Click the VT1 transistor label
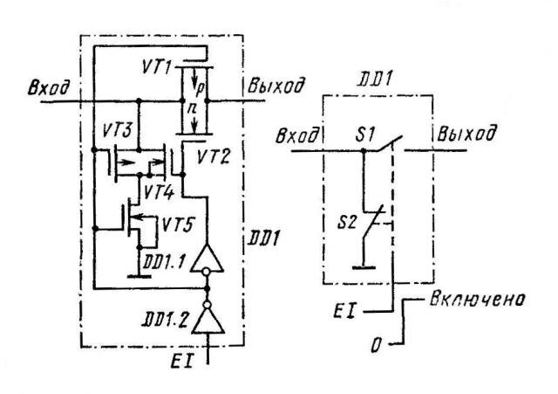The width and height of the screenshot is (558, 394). pyautogui.click(x=157, y=66)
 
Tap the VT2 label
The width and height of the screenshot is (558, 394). pyautogui.click(x=213, y=156)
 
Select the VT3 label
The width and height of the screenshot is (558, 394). pyautogui.click(x=116, y=130)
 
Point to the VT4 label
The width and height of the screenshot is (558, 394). pyautogui.click(x=159, y=193)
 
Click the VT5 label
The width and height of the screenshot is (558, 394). pyautogui.click(x=177, y=225)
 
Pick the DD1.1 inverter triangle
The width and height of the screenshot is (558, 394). pyautogui.click(x=208, y=259)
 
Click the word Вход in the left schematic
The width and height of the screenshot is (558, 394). pyautogui.click(x=49, y=87)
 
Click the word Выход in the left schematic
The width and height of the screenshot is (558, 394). pyautogui.click(x=276, y=86)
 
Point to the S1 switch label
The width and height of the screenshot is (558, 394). pyautogui.click(x=365, y=135)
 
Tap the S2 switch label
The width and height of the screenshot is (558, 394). pyautogui.click(x=347, y=223)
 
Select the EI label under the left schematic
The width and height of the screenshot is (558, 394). pyautogui.click(x=182, y=361)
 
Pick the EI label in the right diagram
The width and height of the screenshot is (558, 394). pyautogui.click(x=344, y=310)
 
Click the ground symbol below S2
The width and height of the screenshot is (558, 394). pyautogui.click(x=364, y=267)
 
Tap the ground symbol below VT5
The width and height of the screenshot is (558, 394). pyautogui.click(x=139, y=276)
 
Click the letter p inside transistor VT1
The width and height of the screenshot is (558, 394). pyautogui.click(x=200, y=87)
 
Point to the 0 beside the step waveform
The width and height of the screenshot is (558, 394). pyautogui.click(x=376, y=345)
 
